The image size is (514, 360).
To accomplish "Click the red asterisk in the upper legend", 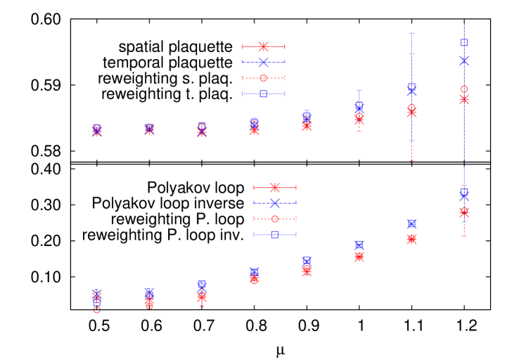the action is click(264, 46).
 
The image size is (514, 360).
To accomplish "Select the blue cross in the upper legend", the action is click(264, 62).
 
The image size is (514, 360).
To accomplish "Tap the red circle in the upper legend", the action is click(264, 78).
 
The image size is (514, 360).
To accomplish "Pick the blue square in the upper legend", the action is click(264, 94).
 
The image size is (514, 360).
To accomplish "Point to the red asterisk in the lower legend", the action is click(275, 187).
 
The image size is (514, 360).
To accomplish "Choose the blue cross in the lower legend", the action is click(275, 203).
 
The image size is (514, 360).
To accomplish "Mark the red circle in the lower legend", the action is click(275, 219).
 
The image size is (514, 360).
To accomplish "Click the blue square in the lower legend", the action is click(275, 234).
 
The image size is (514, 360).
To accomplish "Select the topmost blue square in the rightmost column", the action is click(464, 42).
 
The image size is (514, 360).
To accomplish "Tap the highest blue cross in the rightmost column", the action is click(464, 60).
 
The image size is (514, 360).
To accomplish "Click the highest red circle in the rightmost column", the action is click(464, 89).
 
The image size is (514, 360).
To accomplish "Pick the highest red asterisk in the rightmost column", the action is click(464, 99).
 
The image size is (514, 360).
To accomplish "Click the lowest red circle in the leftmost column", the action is click(97, 309).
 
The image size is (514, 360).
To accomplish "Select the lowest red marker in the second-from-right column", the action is click(411, 239).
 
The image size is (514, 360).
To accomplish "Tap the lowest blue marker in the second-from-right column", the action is click(411, 224).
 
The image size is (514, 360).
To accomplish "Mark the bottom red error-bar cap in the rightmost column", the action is click(464, 236).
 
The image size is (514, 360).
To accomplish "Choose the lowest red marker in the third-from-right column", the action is click(359, 257).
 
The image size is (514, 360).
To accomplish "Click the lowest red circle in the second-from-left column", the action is click(149, 306).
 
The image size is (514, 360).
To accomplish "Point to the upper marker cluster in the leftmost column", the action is click(97, 130).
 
